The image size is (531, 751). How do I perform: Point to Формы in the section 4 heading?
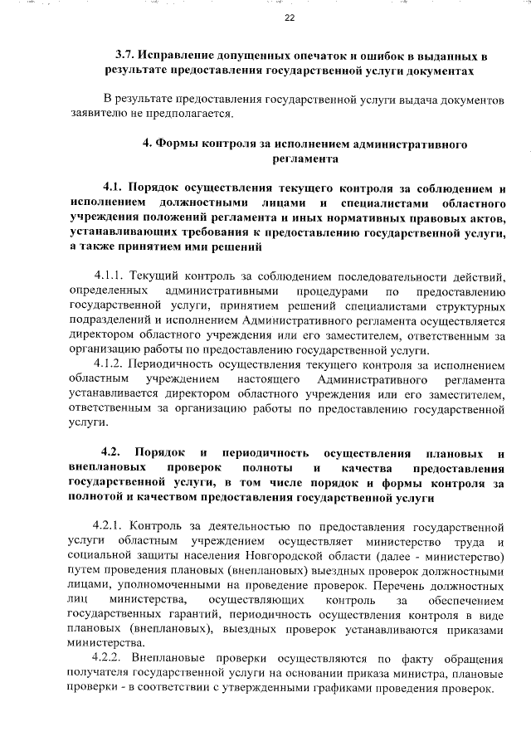coord(176,144)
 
